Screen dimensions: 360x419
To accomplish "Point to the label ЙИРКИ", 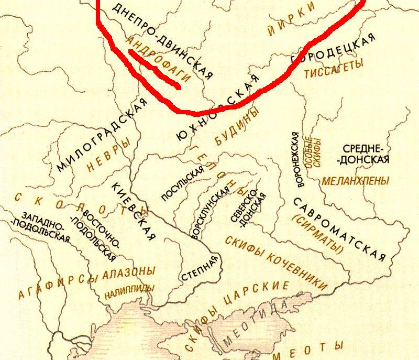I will coord(292,17).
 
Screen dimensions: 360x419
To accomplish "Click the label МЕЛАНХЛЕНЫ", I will coord(356,181).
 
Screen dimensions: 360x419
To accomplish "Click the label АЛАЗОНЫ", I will coord(129,272).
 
